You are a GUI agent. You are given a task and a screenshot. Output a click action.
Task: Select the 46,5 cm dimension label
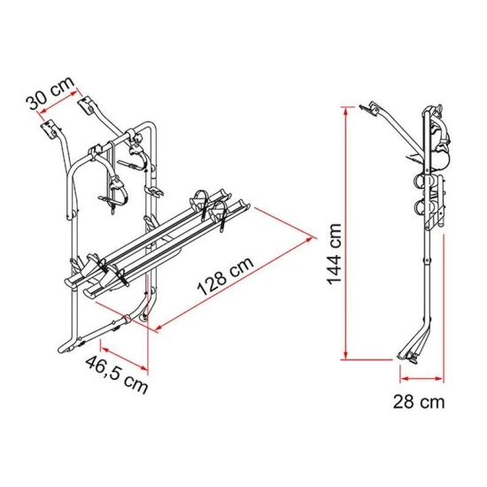pyautogui.click(x=116, y=375)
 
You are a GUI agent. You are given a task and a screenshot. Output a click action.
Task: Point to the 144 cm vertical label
pyautogui.click(x=334, y=254)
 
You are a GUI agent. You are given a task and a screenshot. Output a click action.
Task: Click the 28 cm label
pyautogui.click(x=419, y=402)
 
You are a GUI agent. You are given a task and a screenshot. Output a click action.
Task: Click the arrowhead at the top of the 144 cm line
pyautogui.click(x=345, y=110)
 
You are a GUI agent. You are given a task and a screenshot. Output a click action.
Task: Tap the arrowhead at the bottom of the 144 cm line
pyautogui.click(x=345, y=356)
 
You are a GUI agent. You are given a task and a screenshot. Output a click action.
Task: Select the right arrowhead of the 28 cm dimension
pyautogui.click(x=439, y=378)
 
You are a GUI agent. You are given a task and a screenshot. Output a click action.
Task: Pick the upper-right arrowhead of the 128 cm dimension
pyautogui.click(x=309, y=239)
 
